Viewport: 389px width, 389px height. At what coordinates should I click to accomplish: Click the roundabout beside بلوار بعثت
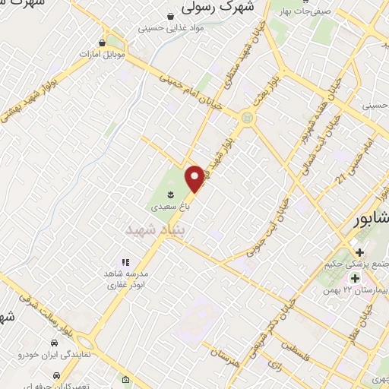click(x=247, y=117)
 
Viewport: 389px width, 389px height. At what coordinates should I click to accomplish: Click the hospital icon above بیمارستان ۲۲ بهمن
click(x=355, y=279)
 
